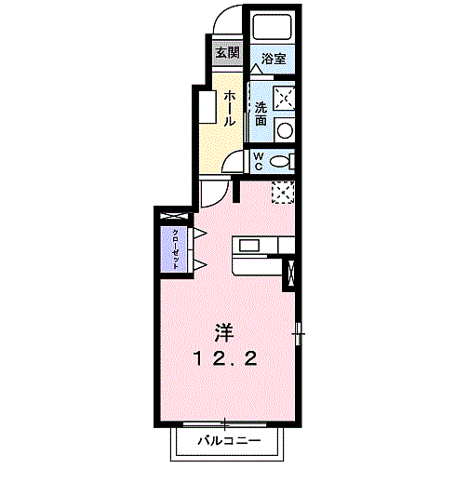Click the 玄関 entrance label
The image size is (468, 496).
227,52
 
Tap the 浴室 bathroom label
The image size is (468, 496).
273,59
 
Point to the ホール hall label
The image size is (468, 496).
229,108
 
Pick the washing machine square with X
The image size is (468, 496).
285,97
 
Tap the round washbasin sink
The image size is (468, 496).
286,130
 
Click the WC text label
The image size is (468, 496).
260,160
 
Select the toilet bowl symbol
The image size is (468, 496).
279,161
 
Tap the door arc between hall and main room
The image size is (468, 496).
215,194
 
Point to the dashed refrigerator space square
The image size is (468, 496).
283,191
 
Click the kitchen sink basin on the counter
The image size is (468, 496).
249,246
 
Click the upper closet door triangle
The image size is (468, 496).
198,232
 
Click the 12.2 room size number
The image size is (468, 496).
224,359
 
